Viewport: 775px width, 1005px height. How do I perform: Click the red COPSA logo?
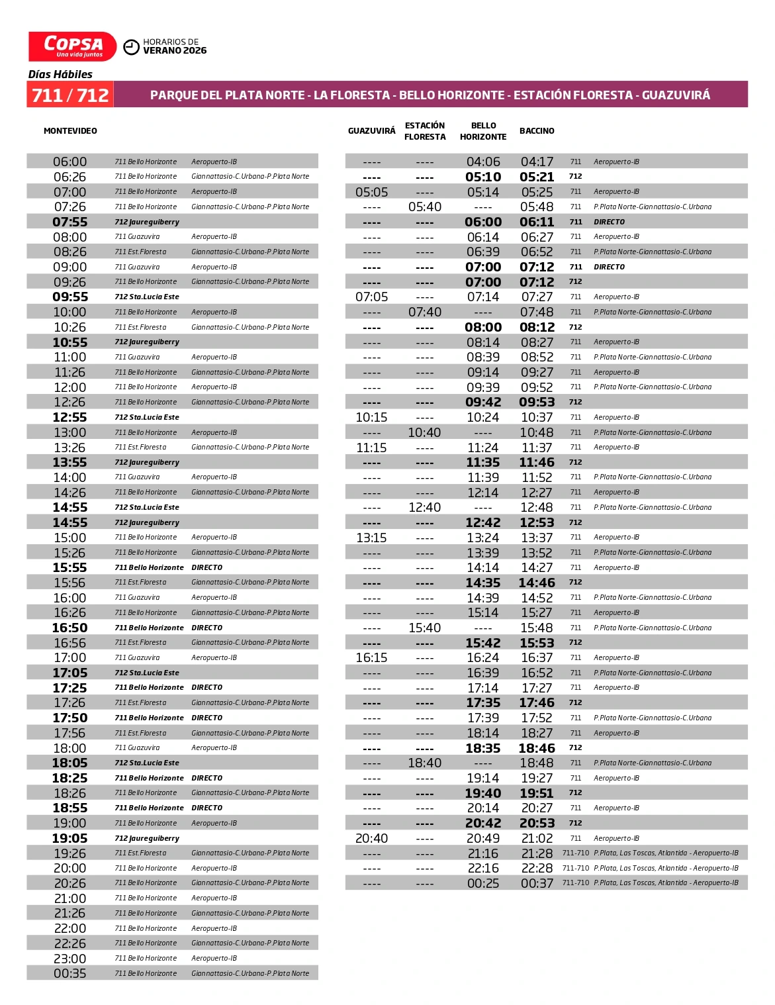tap(72, 46)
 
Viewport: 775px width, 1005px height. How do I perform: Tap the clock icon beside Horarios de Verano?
tap(132, 46)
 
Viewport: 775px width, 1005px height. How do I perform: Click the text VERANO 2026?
tap(175, 51)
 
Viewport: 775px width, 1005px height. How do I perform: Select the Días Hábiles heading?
tap(60, 74)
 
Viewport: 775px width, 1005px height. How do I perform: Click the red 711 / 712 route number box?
tap(70, 95)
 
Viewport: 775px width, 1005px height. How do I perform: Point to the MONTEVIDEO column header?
tap(70, 131)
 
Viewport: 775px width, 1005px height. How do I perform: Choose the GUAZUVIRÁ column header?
tap(371, 131)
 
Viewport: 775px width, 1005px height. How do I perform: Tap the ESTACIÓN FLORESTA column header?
tap(425, 131)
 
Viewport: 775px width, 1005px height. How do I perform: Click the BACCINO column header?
tap(537, 131)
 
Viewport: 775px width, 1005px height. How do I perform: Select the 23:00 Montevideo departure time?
tap(69, 959)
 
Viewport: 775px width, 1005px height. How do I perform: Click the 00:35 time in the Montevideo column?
tap(69, 973)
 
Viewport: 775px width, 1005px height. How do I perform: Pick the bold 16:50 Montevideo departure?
tap(69, 628)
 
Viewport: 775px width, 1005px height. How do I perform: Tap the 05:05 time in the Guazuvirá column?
tap(371, 192)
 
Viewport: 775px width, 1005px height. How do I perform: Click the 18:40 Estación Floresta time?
tap(425, 763)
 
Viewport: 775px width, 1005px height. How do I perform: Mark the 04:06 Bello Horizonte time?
tap(483, 162)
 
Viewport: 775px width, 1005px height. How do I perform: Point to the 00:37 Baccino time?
tap(537, 883)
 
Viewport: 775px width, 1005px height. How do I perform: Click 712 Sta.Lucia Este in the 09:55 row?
tap(147, 297)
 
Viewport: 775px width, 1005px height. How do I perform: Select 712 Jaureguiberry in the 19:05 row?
tap(147, 838)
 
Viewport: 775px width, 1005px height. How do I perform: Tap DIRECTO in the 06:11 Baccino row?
tap(609, 222)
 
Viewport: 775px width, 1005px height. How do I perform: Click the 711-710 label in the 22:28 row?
tap(575, 868)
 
